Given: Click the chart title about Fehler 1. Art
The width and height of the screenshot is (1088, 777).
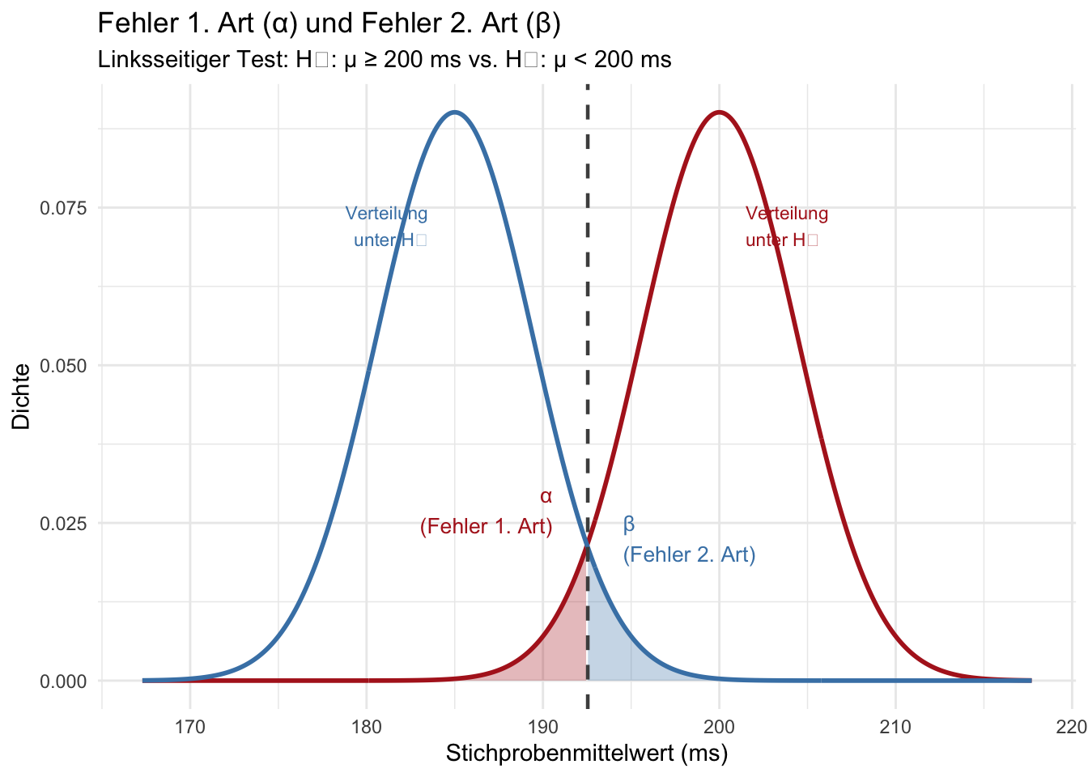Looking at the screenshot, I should click(x=329, y=23).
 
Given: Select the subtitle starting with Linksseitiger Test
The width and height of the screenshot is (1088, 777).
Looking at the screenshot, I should click(x=384, y=60).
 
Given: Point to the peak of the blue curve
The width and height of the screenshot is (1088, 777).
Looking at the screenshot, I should click(x=455, y=113).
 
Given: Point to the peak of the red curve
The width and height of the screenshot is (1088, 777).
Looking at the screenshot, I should click(x=719, y=113).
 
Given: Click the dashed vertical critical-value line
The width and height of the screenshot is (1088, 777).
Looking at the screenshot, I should click(x=587, y=324).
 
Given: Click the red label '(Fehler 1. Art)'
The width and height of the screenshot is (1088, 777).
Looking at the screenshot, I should click(x=487, y=527).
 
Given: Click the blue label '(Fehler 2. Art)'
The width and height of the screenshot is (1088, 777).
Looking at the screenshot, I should click(x=689, y=554).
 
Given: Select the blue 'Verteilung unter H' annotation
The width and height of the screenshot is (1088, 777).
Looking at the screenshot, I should click(x=387, y=227).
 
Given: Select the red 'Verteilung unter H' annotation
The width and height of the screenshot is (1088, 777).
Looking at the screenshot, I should click(x=785, y=227).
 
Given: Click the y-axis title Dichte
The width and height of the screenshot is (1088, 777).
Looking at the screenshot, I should click(x=21, y=397).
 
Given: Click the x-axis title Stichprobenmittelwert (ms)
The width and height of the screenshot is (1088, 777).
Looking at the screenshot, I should click(x=587, y=754).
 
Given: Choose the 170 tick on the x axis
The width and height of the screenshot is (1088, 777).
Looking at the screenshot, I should click(x=190, y=727).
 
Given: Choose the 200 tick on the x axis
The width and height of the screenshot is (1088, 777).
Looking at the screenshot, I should click(x=719, y=727).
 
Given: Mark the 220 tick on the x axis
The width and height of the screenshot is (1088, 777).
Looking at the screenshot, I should click(x=1071, y=727).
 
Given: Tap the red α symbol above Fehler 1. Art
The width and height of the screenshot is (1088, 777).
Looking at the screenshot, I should click(x=546, y=496).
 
